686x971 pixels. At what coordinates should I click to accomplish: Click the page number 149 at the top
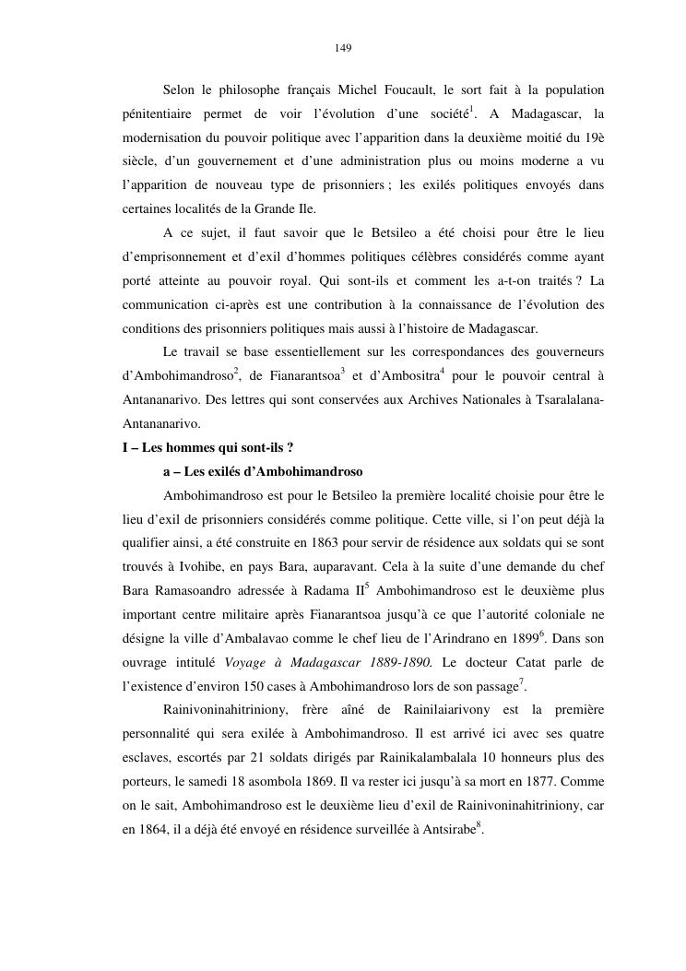coord(343,47)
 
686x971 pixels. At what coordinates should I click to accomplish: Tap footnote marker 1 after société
coord(472,110)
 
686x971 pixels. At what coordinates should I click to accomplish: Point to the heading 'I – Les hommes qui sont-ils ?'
coord(208,447)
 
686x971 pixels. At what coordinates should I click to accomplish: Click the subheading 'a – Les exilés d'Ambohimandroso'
coord(263,471)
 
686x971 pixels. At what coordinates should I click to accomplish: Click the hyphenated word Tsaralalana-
coord(564,399)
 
